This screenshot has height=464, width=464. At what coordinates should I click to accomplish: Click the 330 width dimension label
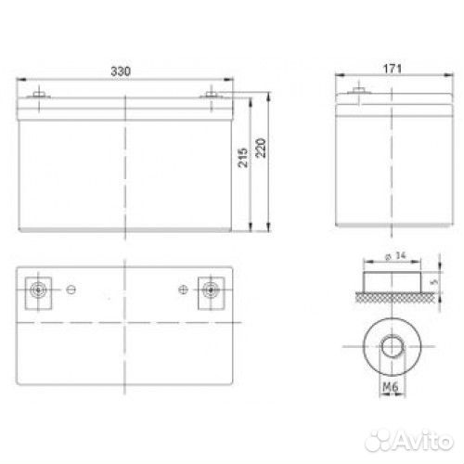coord(121,71)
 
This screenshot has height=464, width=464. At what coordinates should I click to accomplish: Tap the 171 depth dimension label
coord(393,69)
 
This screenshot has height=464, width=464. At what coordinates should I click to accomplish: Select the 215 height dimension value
coord(243,158)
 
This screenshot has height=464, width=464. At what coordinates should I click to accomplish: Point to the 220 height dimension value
coord(261,148)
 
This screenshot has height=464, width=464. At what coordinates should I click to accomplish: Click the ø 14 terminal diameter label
coord(395,256)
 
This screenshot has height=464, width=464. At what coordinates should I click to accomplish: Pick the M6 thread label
coord(391,387)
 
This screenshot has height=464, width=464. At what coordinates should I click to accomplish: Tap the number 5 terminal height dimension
coord(434,282)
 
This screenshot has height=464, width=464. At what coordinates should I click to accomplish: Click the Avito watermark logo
coord(409,441)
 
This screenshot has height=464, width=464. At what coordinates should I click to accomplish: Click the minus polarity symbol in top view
coord(71,290)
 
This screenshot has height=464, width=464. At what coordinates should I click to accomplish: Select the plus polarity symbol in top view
coord(184,290)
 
